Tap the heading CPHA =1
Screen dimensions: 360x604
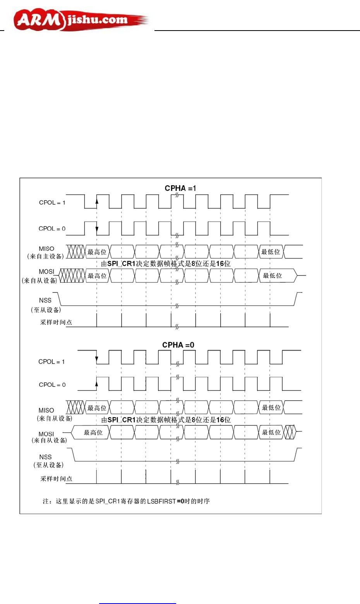180,188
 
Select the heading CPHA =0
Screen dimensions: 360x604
178,345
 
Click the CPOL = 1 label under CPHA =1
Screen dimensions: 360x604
52,203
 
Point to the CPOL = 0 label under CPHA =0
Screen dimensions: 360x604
52,385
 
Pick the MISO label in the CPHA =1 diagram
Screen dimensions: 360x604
46,249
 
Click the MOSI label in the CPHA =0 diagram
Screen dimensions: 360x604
46,434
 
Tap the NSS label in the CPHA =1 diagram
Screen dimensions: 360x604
45,300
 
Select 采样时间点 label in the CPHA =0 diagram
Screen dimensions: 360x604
56,479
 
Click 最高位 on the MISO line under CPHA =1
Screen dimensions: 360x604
97,252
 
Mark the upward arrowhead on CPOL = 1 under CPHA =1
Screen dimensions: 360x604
97,200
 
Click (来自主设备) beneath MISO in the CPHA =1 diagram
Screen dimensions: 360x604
46,256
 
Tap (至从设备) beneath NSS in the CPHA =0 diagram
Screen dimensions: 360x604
48,465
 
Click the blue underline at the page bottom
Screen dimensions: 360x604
137,603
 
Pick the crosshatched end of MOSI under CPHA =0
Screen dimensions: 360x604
290,432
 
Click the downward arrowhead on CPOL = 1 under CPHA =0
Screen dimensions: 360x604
97,360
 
